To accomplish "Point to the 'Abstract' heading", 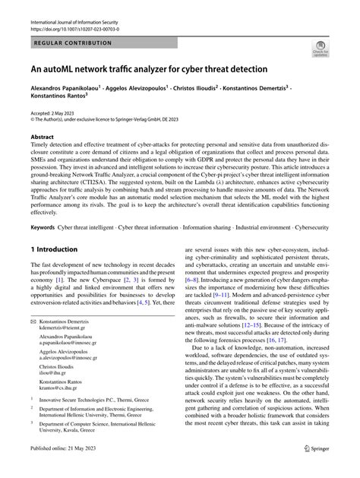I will pyautogui.click(x=42, y=138).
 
